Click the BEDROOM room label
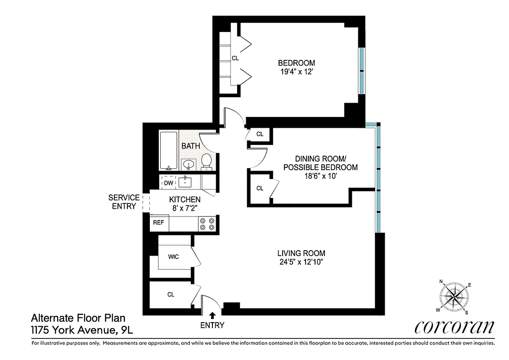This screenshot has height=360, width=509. coord(296,63)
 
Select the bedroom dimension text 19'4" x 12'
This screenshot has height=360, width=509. coord(296,72)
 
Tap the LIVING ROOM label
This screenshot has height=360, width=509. coord(301,253)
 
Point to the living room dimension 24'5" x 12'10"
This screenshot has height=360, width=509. coord(301,262)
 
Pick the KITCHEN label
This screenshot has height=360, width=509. coord(185,199)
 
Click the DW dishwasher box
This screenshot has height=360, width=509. coord(168,183)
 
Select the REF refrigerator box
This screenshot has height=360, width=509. coord(158,222)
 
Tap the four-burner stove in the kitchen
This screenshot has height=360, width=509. coord(207,224)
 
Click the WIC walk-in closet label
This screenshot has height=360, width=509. coord(173,257)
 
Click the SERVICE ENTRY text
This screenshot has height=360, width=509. coord(124,202)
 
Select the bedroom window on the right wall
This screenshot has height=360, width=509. coord(362,71)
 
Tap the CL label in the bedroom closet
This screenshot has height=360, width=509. coord(235,58)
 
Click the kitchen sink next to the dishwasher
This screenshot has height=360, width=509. coord(185,182)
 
